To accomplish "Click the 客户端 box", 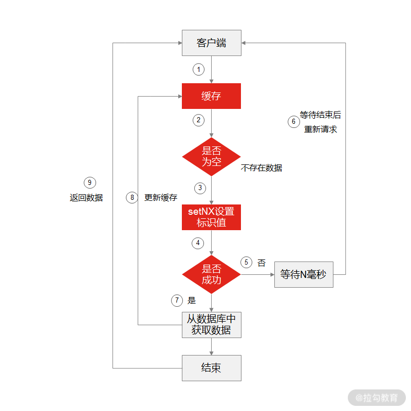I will pyautogui.click(x=211, y=43).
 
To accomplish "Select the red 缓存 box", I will pyautogui.click(x=211, y=96).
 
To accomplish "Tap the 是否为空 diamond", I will pyautogui.click(x=211, y=156).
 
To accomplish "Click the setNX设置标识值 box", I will pyautogui.click(x=211, y=217).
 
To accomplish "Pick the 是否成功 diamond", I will pyautogui.click(x=211, y=274).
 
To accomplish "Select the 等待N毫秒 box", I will pyautogui.click(x=304, y=274).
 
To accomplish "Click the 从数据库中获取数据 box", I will pyautogui.click(x=211, y=325).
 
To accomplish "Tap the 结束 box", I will pyautogui.click(x=211, y=368).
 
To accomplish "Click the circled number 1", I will pyautogui.click(x=198, y=69).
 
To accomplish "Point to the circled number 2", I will pyautogui.click(x=198, y=120).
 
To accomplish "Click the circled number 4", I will pyautogui.click(x=198, y=242).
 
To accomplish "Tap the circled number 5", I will pyautogui.click(x=247, y=262).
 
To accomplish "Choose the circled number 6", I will pyautogui.click(x=293, y=122).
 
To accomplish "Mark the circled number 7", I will pyautogui.click(x=177, y=301).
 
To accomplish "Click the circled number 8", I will pyautogui.click(x=132, y=197).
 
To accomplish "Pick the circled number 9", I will pyautogui.click(x=90, y=182).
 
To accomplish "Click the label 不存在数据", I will pyautogui.click(x=261, y=168).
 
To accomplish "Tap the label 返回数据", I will pyautogui.click(x=86, y=197).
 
